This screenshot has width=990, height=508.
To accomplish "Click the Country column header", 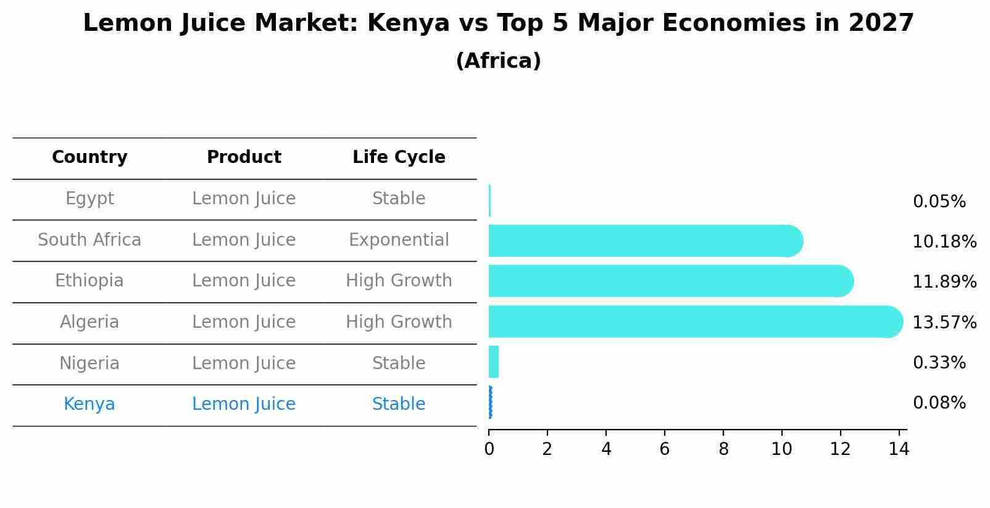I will pos(89,157).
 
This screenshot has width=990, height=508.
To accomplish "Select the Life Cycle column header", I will pos(399,157).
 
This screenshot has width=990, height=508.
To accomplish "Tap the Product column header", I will pos(244,157).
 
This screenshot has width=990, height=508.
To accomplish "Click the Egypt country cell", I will pos(89,199).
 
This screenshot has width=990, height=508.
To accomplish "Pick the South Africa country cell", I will pos(89,239).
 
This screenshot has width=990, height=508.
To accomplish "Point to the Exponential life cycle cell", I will pos(399,239).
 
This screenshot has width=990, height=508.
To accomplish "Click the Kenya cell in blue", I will pos(89,404).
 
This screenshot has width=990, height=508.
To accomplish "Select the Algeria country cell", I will pos(89,322).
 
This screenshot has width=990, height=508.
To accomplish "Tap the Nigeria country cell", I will pos(89,363).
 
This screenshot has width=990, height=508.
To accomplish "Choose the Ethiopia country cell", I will pos(89,281).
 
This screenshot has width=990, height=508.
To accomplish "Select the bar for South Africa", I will pos(642,241).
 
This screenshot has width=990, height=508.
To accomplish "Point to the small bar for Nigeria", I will pos(494,362).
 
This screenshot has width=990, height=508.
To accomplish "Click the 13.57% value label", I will pos(944,322).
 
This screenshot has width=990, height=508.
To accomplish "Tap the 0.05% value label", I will pos(939,202).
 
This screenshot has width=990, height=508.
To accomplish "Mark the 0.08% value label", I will pos(939,403).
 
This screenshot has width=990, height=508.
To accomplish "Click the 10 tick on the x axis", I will pos(781,449).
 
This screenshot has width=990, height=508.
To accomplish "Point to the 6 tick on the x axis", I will pos(664,449).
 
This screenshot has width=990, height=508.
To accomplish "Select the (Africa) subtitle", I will pos(498,61).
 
